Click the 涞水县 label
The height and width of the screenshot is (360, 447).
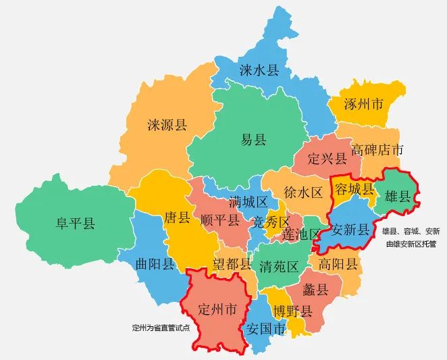[x=259, y=70]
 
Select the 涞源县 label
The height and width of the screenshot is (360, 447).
[x=167, y=124]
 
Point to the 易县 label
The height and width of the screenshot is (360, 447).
[x=254, y=140]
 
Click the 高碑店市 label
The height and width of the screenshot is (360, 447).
[x=377, y=150]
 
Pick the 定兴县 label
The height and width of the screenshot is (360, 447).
[x=327, y=159]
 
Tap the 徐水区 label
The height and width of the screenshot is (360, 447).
[x=304, y=192]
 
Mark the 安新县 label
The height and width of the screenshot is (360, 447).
[x=350, y=230]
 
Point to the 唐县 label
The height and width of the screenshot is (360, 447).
[x=177, y=218]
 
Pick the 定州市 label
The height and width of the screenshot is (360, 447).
[x=217, y=310]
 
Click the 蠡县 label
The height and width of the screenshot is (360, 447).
[x=315, y=290]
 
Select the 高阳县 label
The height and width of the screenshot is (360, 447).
[x=338, y=264]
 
